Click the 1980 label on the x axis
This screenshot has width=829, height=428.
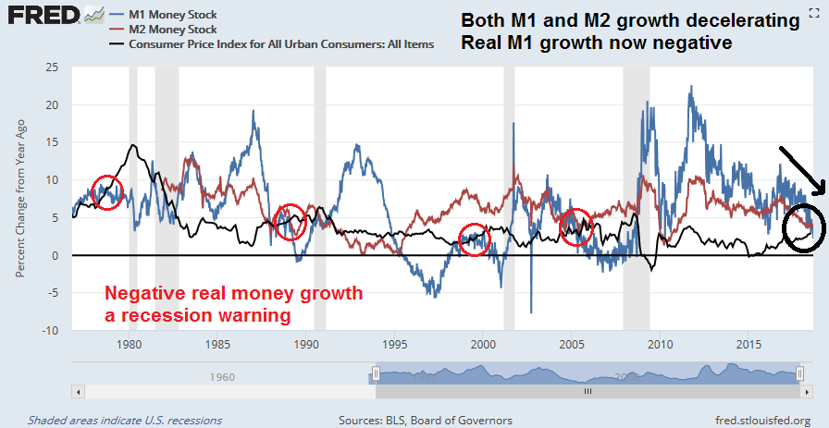pos(129,344)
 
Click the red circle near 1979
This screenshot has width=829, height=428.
pos(107,192)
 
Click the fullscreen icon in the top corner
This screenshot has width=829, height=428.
pos(812,10)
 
